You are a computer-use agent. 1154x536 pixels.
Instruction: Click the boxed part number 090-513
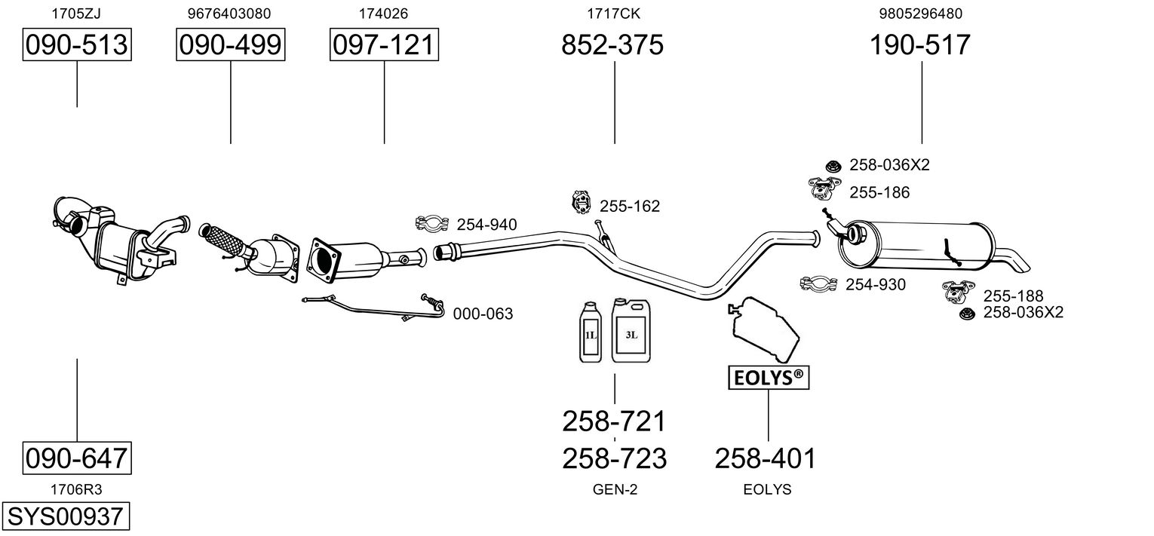point(77,44)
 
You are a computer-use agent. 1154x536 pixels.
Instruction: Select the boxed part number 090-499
point(230,44)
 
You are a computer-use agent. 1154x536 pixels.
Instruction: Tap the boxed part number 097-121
point(384,44)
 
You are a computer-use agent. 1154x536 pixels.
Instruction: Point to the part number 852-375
point(612,44)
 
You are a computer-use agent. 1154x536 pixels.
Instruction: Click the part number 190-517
point(920,44)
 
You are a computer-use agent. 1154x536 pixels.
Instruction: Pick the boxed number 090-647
point(77,458)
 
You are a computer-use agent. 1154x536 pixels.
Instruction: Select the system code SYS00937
point(66,516)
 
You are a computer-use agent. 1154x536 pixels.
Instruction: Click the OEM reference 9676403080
point(229,14)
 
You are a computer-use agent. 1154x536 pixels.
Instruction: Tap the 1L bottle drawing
point(591,332)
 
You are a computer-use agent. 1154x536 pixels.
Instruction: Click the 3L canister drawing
point(631,330)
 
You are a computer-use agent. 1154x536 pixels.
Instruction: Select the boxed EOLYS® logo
point(769,378)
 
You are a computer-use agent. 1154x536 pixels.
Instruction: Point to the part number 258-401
point(766,458)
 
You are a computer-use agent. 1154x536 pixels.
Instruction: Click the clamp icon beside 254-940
point(431,223)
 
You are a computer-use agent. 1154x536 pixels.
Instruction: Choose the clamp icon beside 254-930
point(818,283)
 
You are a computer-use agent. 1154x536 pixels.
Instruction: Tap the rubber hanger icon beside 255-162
point(581,202)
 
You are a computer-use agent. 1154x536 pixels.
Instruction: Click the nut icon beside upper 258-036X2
point(833,166)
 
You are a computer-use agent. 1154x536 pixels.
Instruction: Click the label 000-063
point(483,314)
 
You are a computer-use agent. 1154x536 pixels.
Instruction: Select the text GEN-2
point(615,489)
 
